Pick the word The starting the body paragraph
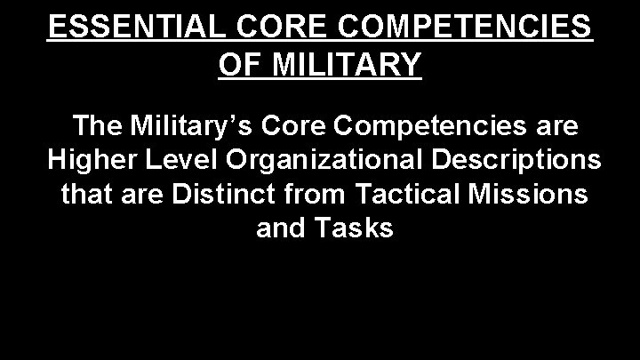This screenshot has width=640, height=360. pos(100,128)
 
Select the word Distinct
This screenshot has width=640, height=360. pos(212,194)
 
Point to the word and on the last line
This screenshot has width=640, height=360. pos(280,228)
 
